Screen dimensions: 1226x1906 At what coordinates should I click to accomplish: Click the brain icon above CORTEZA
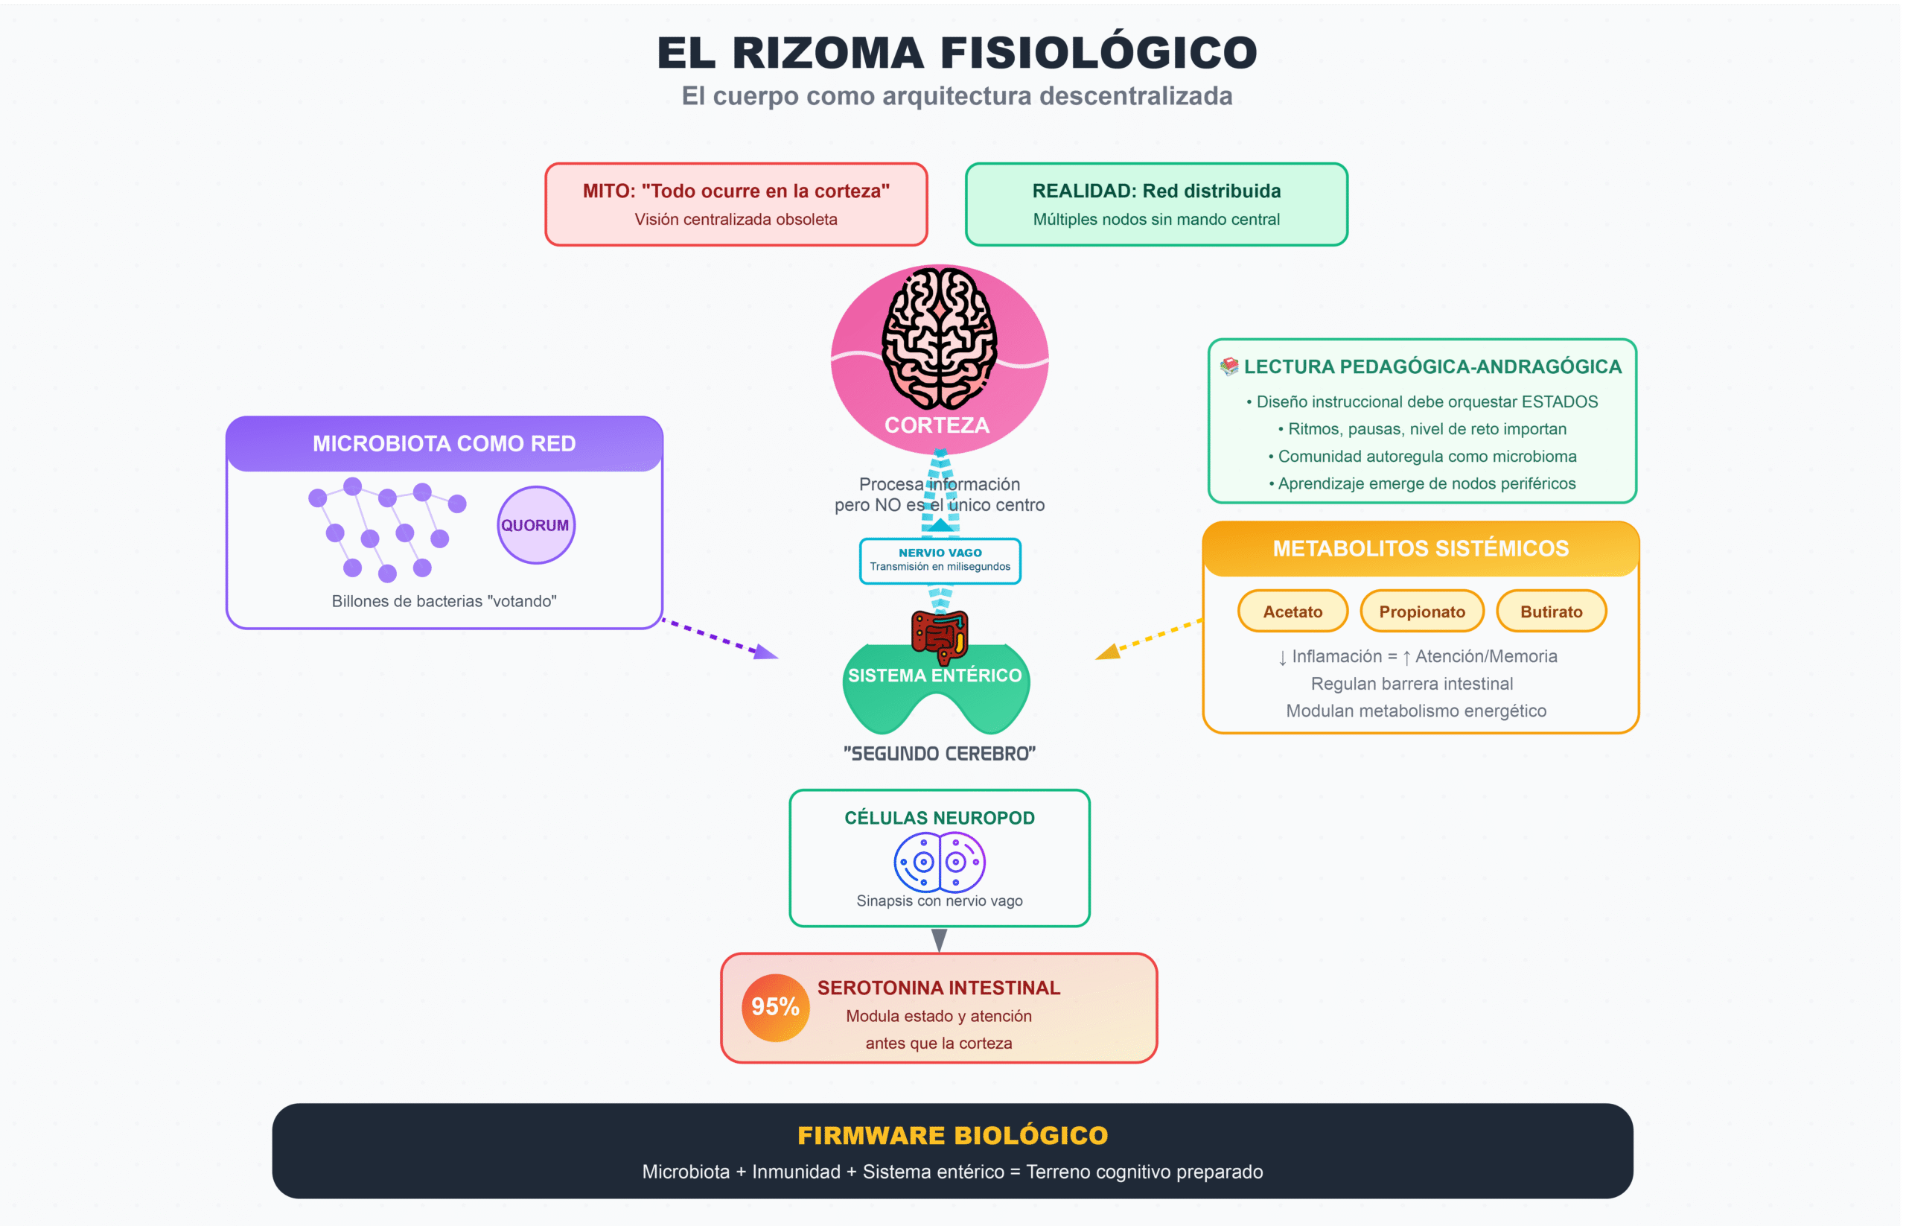click(x=939, y=337)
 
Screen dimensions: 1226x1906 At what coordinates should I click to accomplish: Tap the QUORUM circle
click(x=535, y=525)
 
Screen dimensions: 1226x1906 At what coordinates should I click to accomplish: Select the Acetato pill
click(x=1293, y=612)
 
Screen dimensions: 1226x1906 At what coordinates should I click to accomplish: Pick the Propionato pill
click(x=1422, y=612)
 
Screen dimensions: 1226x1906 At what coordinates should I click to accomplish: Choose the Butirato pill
click(x=1551, y=612)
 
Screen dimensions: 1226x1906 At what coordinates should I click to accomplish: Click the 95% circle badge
click(x=775, y=1007)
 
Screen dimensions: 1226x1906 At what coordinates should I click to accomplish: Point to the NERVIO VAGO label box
click(x=940, y=560)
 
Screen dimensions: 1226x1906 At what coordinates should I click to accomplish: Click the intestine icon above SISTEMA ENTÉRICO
click(x=940, y=635)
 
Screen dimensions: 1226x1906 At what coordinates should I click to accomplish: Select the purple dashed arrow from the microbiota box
click(x=720, y=638)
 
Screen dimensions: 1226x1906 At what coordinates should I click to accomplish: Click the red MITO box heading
click(x=736, y=191)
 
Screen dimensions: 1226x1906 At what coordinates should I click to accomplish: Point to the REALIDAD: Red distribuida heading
click(x=1156, y=191)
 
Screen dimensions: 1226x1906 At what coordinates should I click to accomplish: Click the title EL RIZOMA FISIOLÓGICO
click(x=957, y=53)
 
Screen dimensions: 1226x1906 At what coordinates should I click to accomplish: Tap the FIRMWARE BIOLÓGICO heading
click(x=952, y=1135)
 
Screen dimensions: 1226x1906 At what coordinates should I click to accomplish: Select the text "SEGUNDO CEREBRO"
click(x=940, y=754)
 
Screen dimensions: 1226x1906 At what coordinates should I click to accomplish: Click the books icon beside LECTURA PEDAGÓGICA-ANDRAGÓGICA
click(x=1229, y=366)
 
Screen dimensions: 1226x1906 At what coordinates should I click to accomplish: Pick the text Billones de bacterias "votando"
click(x=444, y=601)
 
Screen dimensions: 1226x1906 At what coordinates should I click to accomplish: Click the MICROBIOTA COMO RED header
click(x=444, y=443)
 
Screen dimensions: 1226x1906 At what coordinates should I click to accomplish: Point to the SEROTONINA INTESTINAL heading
click(x=939, y=988)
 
